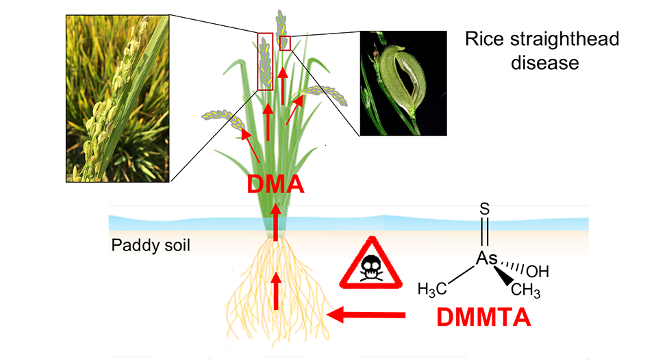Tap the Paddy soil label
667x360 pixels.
pos(150,244)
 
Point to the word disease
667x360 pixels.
pos(542,63)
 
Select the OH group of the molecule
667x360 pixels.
pos(538,271)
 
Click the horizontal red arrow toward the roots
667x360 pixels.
pos(366,315)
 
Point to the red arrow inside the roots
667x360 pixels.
pos(276,290)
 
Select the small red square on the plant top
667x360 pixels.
pos(285,42)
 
